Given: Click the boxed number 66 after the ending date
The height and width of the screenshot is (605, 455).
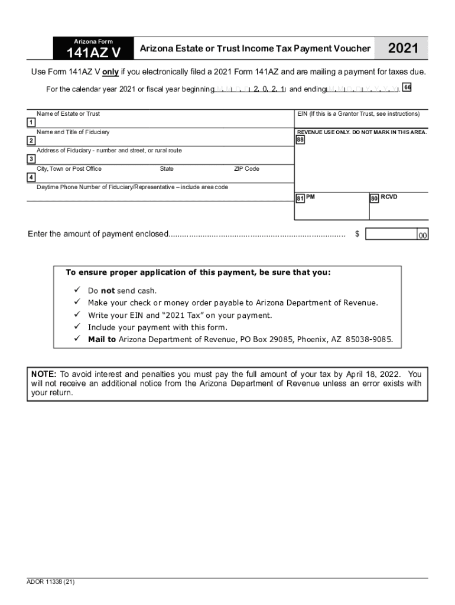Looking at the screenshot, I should tap(407, 88).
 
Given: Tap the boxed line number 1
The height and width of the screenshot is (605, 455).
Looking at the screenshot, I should tap(30, 122).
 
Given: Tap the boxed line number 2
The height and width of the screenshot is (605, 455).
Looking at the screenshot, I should tap(30, 141).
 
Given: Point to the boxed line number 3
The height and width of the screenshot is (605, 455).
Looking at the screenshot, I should tap(30, 159).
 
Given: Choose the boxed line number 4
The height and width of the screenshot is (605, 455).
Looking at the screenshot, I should tap(30, 177).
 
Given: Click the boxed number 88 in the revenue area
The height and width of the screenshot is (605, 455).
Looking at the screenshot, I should tap(300, 140).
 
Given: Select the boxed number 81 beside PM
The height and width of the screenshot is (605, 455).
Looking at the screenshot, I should tap(300, 198).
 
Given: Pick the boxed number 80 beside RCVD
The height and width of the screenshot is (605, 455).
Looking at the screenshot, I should tap(374, 198).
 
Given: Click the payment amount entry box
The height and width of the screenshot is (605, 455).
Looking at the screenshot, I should tap(391, 234).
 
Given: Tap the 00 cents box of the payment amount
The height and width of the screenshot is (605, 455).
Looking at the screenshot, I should tap(422, 235).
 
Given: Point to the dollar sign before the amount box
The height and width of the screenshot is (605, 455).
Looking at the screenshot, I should tap(357, 234).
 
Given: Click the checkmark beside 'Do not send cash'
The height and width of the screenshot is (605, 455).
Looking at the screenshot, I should tap(76, 290).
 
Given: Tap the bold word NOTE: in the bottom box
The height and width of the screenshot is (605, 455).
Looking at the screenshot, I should tap(44, 374).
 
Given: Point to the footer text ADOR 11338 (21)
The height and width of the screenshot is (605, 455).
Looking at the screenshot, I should tap(51, 581).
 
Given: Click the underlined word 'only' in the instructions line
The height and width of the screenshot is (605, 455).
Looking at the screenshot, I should tap(110, 71).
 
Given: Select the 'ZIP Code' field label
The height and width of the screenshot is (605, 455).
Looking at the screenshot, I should tap(246, 169).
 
